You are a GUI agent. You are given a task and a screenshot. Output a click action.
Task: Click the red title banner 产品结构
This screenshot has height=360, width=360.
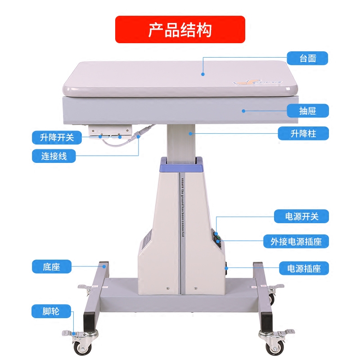pos(180,30)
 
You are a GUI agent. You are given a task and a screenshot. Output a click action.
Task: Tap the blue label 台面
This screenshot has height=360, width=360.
pos(307,58)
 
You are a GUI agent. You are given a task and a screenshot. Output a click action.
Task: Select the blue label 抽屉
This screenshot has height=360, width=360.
pos(307,110)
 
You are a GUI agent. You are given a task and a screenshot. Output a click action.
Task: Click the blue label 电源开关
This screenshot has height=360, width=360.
pos(302,216)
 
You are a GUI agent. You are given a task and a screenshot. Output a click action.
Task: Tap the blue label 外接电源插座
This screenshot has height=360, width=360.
pos(296,242)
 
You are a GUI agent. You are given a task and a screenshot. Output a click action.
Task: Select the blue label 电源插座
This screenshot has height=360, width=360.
pos(304,269)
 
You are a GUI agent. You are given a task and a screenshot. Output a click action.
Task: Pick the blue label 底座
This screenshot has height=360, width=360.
pos(52,267)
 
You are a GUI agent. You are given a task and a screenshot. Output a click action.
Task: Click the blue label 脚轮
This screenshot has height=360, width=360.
pos(52,310)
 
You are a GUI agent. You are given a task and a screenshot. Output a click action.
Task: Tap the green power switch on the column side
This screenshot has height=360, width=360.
pos(217,235)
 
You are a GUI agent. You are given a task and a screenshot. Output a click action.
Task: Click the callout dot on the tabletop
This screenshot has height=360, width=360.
pos(203,74)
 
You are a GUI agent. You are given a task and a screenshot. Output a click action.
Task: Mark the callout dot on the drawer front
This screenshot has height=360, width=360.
pos(243,110)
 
